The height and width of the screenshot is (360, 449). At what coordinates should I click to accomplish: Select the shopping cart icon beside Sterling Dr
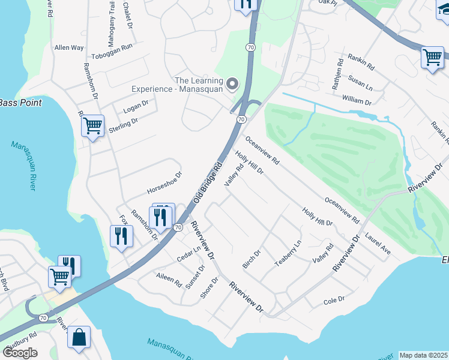tap(92, 126)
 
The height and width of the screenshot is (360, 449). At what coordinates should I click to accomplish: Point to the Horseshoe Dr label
tap(164, 187)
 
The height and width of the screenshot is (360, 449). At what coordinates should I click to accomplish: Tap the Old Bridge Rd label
tap(208, 182)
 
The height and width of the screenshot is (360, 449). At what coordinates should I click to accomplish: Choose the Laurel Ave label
tap(378, 245)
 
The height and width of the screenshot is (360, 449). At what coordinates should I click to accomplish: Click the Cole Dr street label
tap(334, 299)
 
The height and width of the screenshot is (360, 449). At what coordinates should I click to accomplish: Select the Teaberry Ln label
tap(286, 254)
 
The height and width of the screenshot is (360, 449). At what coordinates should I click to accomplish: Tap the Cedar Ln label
tap(188, 254)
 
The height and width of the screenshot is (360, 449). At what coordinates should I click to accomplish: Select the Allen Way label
tap(69, 47)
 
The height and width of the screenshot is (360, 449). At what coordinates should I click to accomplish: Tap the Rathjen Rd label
tap(337, 73)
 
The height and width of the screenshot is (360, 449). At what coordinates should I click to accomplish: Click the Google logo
tap(20, 353)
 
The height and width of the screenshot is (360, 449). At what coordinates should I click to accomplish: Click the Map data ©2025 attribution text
tap(423, 355)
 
